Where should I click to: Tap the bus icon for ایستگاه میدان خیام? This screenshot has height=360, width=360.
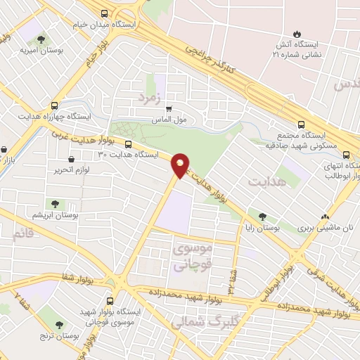(x=105, y=13)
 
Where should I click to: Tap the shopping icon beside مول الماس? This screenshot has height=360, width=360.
(x=168, y=109)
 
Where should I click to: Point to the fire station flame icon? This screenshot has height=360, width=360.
(x=297, y=34)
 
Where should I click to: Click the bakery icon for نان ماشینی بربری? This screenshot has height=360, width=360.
(x=325, y=217)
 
